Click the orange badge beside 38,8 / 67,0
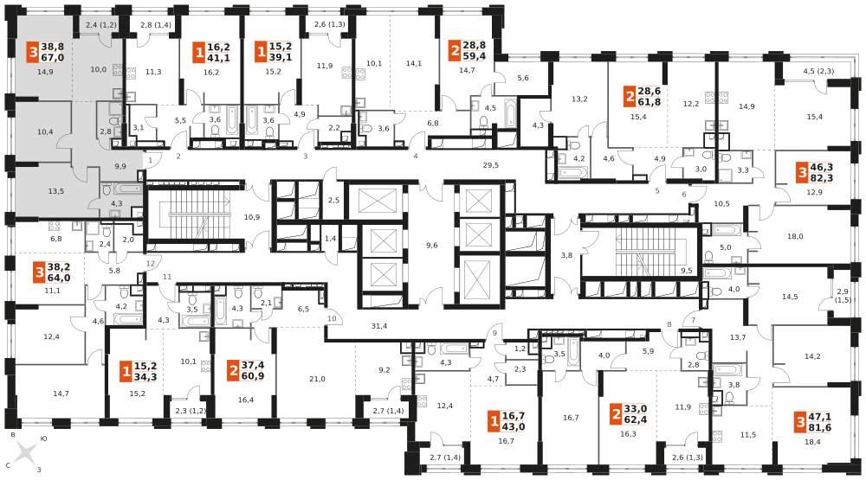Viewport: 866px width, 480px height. tap(33, 53)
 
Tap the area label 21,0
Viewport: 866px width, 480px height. tap(317, 379)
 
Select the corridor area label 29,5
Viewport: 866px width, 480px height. tap(490, 165)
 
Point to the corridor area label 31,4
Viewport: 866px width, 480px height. tap(379, 326)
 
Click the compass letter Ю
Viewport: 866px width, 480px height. tap(43, 439)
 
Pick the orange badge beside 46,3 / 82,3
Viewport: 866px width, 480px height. tap(802, 173)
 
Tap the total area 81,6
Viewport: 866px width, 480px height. tap(820, 427)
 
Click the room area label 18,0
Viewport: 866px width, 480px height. tap(795, 237)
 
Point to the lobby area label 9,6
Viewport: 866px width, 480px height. tap(432, 246)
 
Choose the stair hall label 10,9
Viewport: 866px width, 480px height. tap(252, 217)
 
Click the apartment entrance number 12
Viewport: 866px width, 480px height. tap(151, 265)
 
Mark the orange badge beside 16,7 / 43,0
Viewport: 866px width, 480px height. tap(494, 422)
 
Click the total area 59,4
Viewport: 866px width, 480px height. tap(475, 55)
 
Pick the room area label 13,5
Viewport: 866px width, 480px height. tap(55, 191)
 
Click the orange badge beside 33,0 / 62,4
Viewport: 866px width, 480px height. tap(616, 413)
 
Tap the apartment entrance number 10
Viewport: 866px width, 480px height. tap(332, 319)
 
